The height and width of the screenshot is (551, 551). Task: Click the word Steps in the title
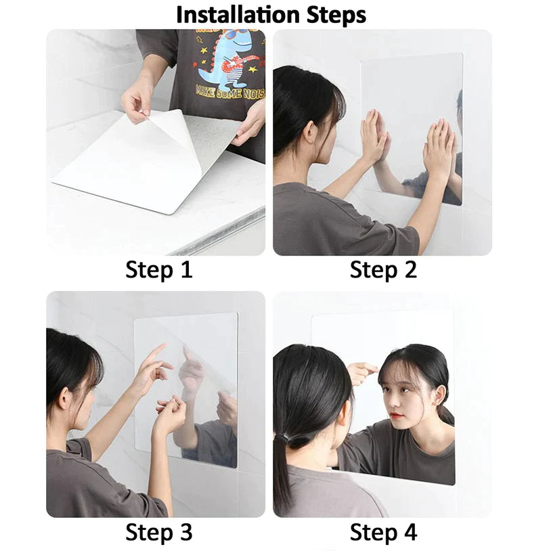click(335, 14)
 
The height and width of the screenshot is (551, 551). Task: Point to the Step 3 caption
click(159, 532)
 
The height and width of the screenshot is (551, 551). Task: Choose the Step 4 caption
click(383, 532)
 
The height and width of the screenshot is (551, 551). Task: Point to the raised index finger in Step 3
click(156, 353)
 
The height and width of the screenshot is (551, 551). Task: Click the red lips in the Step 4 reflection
click(397, 416)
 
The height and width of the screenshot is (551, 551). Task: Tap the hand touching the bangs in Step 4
click(362, 371)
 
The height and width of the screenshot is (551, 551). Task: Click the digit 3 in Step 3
click(185, 532)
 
